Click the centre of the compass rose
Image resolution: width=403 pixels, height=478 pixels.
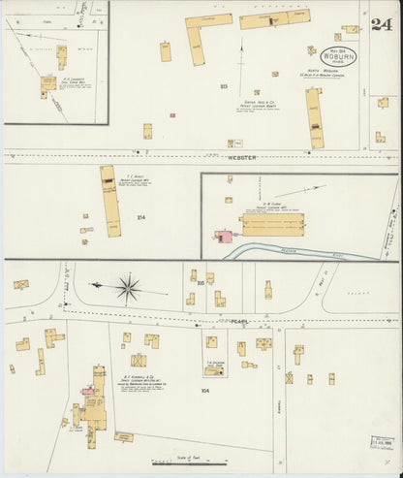(127, 287)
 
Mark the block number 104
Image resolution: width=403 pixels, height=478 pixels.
(204, 390)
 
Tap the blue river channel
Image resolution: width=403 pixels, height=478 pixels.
(300, 250)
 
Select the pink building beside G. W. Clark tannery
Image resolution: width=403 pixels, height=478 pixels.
(224, 237)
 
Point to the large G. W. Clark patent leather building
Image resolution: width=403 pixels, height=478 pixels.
(272, 225)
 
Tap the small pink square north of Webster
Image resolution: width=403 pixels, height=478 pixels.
(172, 115)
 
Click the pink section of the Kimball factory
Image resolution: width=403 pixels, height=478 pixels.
(89, 391)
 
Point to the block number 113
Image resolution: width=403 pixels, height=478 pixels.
(223, 87)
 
